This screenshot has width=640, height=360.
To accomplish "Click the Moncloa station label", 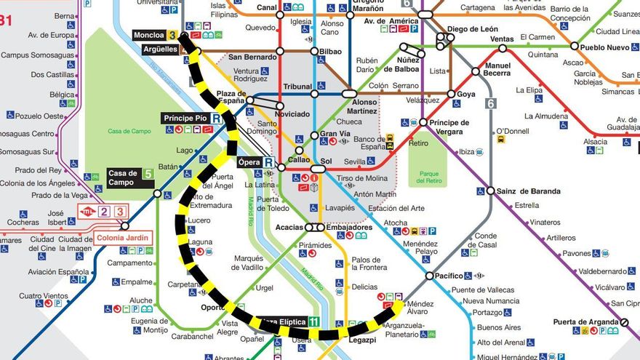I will click(149, 35).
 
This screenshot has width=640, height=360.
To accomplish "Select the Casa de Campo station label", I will click(123, 177).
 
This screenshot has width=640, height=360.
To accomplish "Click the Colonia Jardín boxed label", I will click(122, 238).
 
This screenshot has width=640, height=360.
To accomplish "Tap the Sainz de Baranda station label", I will click(528, 191).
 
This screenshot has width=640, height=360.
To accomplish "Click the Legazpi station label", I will click(361, 340).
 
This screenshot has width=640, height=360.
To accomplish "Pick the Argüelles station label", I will click(160, 49).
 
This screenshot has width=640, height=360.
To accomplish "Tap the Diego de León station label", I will click(473, 30).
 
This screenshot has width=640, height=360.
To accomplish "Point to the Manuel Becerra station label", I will click(497, 69).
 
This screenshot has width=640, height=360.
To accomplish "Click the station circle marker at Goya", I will click(451, 94).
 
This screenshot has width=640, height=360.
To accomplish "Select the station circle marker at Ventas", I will click(502, 49).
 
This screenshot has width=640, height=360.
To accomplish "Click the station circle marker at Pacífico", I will click(429, 276).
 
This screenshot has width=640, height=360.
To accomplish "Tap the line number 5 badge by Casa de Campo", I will click(148, 174).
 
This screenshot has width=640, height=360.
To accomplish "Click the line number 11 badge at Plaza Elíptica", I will click(313, 321).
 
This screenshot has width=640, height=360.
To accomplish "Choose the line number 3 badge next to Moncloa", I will click(172, 35).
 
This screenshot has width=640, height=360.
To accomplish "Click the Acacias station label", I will click(289, 228).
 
